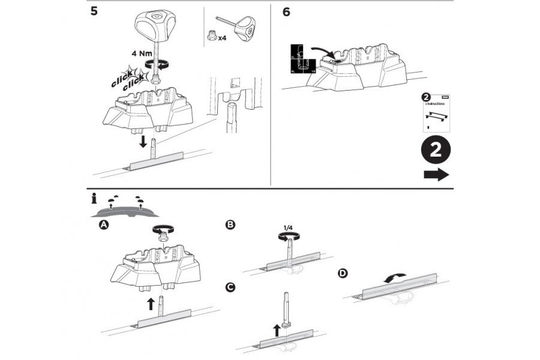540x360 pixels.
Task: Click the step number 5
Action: click(x=94, y=12)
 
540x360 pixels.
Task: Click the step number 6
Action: click(x=286, y=12)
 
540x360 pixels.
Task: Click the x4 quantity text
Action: click(x=222, y=37)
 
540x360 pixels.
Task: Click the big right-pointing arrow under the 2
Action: click(x=436, y=175)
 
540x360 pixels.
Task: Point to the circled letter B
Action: click(x=230, y=226)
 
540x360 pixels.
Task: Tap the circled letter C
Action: click(x=230, y=287)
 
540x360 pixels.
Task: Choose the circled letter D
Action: click(x=343, y=274)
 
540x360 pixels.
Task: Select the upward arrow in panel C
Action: click(x=277, y=329)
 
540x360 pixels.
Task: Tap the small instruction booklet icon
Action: click(x=437, y=112)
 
